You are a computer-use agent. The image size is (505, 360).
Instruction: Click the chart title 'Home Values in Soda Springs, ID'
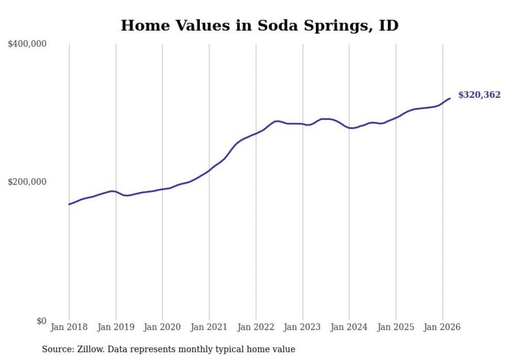259,25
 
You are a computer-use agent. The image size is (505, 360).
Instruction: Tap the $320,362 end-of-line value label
479,95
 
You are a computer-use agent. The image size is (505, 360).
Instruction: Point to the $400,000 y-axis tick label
27,44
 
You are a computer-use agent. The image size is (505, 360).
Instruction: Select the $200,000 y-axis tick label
27,182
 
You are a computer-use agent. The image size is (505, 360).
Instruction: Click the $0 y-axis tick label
41,321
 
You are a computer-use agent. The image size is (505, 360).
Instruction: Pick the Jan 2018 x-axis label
69,327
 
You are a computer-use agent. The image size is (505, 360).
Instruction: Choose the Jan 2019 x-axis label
116,327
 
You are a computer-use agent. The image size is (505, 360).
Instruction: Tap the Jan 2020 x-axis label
162,327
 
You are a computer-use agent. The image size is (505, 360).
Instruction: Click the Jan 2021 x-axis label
209,327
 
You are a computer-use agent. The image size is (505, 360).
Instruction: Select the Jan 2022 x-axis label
256,327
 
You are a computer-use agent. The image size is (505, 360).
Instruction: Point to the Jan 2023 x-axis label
302,327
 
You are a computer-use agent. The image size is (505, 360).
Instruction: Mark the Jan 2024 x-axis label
349,327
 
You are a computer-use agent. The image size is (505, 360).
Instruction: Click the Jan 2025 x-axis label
396,327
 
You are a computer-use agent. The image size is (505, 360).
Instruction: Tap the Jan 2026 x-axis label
442,327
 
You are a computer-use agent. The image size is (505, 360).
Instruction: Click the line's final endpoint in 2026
450,98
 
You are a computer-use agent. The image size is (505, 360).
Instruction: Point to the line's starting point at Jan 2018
69,204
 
